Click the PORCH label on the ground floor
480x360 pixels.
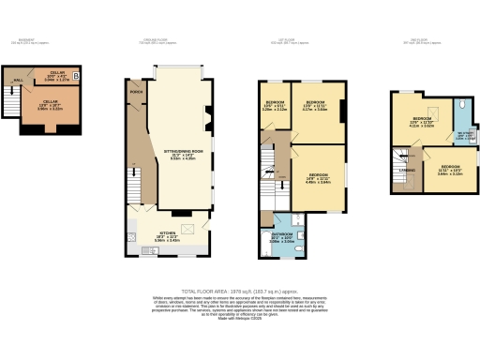click(136, 93)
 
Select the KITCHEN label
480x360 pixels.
click(167, 235)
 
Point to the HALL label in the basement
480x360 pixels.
click(16, 80)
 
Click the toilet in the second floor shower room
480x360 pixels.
click(465, 106)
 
